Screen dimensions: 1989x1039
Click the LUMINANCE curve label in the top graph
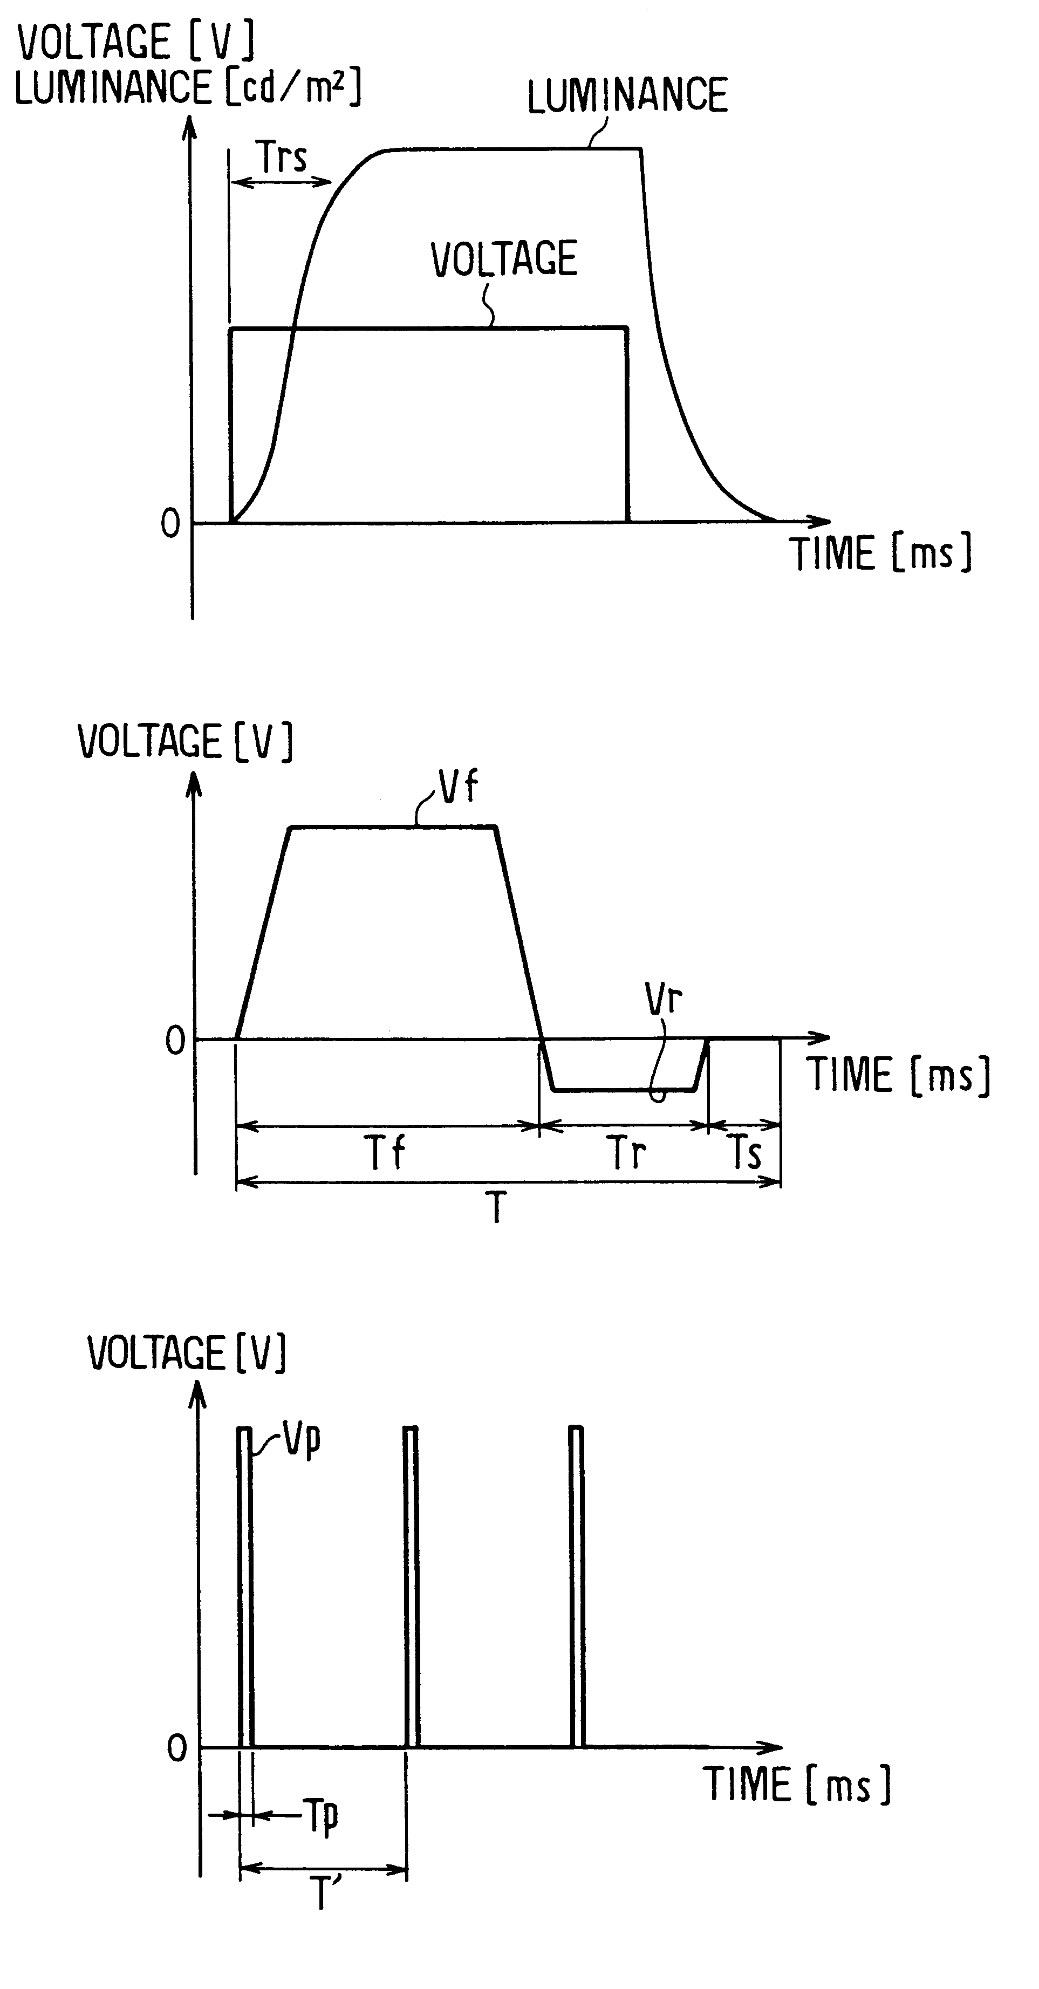tap(627, 95)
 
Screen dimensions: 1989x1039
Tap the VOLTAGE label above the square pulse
tap(503, 259)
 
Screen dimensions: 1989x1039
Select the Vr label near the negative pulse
tap(663, 999)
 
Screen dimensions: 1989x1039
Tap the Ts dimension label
tap(746, 1153)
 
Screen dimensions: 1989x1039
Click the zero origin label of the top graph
tap(170, 524)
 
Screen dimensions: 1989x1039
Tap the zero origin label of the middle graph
tap(175, 1042)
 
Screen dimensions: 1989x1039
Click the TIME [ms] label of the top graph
tap(879, 553)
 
